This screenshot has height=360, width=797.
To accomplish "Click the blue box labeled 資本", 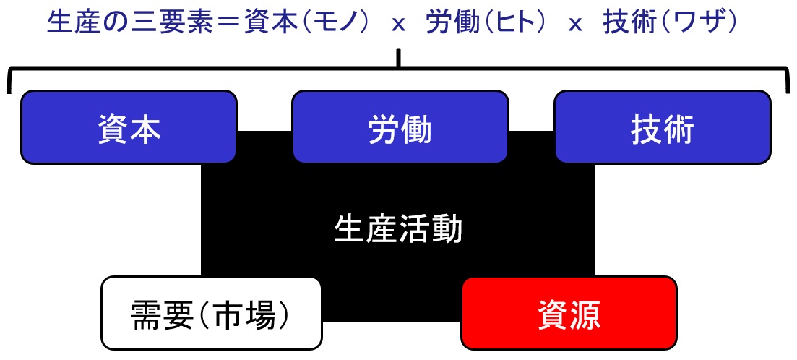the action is pos(129,127).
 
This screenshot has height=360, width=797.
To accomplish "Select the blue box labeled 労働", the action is pos(400,127).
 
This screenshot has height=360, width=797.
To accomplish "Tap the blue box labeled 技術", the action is pos(663,127).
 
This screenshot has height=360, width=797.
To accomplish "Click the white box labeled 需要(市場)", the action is pos(212,313).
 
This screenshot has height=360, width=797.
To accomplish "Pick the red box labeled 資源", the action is pos(569,313).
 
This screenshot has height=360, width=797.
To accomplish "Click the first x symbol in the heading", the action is pos(399,25).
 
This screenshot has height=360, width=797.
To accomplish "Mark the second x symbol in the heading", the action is pos(575,25).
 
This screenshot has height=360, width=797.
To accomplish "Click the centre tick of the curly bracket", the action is pos(399,59).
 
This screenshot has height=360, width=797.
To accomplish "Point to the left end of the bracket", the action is pos(9,93).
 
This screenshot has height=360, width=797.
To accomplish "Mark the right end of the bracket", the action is pos(788,92).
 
